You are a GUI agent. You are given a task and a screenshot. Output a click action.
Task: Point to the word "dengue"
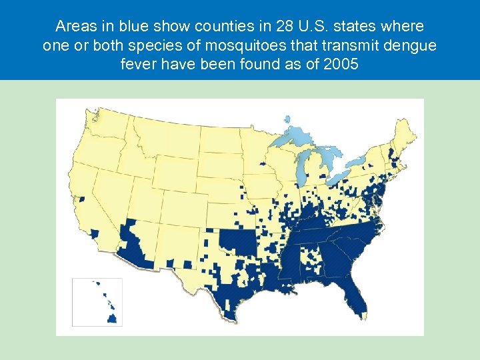pyautogui.click(x=415, y=47)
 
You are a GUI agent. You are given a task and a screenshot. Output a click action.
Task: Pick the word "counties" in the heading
pyautogui.click(x=194, y=27)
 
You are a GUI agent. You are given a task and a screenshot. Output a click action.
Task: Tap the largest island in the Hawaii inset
pyautogui.click(x=113, y=319)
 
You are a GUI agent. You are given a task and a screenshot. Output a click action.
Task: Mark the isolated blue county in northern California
pyautogui.click(x=82, y=198)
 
